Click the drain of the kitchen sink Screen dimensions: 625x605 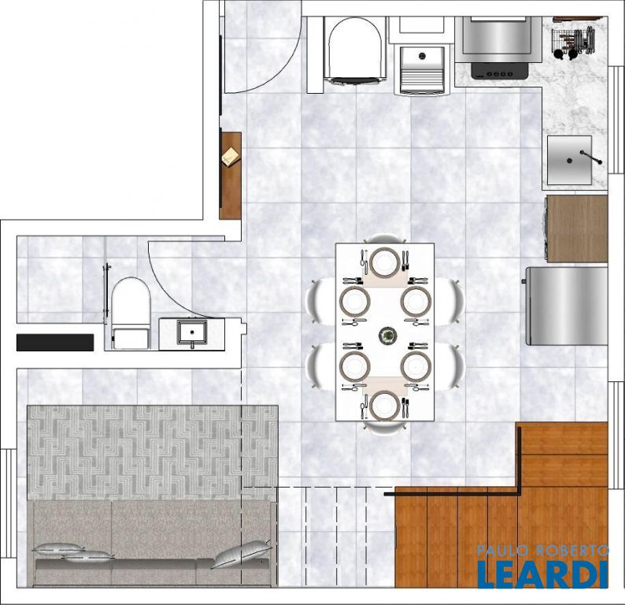tap(569, 161)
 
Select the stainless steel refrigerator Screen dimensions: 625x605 tap(567, 306)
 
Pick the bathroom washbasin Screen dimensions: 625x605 tap(192, 332)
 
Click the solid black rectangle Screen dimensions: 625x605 tap(55, 343)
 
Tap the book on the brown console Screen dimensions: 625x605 tap(231, 155)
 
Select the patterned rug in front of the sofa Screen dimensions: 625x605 tap(153, 453)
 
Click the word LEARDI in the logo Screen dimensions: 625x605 tap(542, 574)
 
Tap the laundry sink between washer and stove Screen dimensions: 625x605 tap(422, 70)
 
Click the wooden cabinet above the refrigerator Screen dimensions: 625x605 tap(576, 228)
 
